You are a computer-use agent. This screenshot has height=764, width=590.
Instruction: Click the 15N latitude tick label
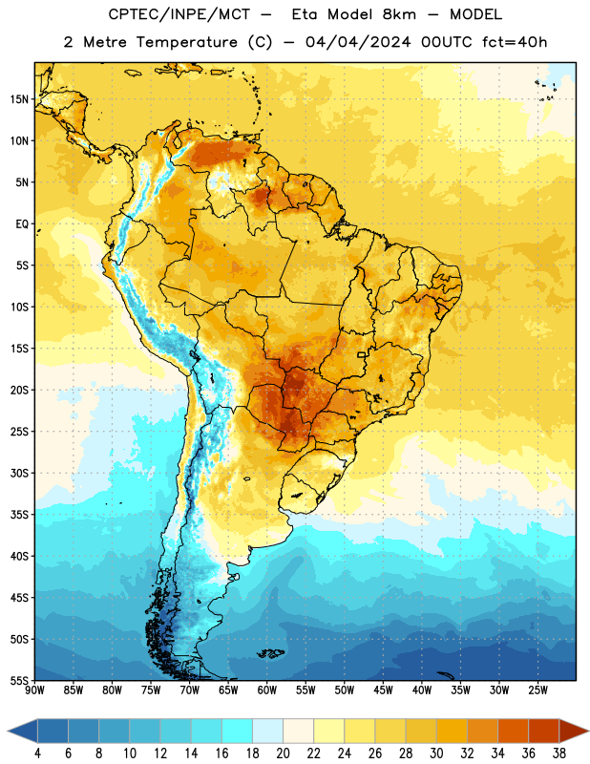[19, 99]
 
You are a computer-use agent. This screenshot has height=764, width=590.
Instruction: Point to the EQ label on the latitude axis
[22, 224]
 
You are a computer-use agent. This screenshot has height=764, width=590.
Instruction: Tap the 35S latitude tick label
[19, 515]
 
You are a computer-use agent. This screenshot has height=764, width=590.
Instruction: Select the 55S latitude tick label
[19, 680]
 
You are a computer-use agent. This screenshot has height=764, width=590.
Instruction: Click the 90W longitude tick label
[34, 690]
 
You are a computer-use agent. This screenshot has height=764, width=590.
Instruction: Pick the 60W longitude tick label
[267, 690]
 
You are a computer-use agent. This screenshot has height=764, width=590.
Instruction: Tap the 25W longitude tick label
[537, 690]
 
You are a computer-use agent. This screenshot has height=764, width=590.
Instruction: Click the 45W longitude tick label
[383, 690]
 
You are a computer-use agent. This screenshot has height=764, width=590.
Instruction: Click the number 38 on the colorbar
[559, 753]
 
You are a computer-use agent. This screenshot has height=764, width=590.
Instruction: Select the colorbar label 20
[283, 753]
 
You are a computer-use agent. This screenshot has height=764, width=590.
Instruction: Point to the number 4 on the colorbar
[37, 753]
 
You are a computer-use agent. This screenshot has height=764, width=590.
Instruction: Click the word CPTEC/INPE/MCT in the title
[179, 14]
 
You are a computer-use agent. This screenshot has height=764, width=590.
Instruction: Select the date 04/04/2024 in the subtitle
[358, 42]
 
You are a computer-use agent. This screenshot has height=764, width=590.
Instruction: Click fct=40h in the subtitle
[515, 42]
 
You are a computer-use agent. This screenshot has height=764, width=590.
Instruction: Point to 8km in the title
[399, 14]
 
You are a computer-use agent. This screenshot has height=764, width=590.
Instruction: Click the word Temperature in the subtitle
[187, 42]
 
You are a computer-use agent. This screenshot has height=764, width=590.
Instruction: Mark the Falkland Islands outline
[271, 653]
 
